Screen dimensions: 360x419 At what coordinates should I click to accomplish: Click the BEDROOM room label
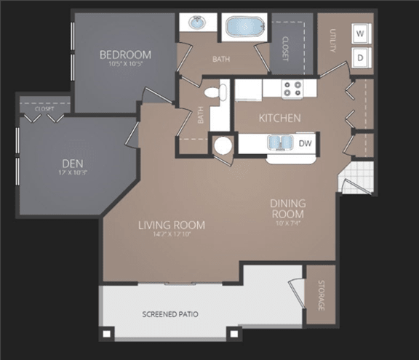pos(125,55)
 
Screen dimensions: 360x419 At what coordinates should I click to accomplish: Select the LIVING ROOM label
pos(172,225)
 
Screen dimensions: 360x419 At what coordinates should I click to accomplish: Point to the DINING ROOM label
pos(288,209)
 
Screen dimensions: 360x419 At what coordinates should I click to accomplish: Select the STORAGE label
pos(319,295)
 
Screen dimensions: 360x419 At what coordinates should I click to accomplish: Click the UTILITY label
pos(332,41)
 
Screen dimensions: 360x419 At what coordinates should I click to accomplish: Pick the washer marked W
pos(360,33)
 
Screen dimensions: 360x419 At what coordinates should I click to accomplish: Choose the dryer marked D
pos(360,56)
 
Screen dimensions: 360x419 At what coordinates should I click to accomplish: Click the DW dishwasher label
pos(306,143)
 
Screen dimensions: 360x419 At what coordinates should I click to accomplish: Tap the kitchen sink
pos(279,143)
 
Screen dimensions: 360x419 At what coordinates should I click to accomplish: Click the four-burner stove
pos(292,89)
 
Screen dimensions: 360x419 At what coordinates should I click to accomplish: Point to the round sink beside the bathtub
pos(197,23)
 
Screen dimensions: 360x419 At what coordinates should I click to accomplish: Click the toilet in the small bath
pos(212,93)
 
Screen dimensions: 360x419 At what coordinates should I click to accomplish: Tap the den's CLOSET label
pos(44,108)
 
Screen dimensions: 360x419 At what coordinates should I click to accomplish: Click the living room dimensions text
pos(172,235)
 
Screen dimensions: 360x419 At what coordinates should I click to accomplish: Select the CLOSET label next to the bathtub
pos(284,48)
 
